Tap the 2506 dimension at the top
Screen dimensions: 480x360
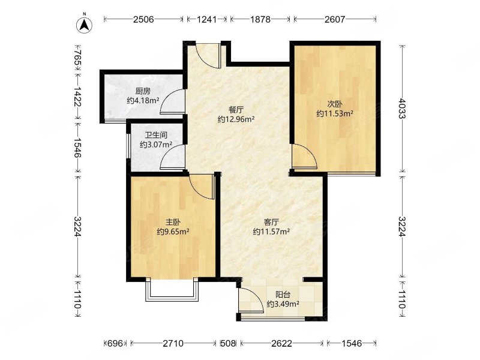(x=143, y=19)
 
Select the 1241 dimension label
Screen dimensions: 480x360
(x=206, y=19)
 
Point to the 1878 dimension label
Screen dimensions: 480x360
(x=260, y=19)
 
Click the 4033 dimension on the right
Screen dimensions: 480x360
(x=402, y=109)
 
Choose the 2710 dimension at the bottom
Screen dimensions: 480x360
(x=173, y=343)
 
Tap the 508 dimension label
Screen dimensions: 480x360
(x=229, y=343)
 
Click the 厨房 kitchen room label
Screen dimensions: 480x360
(x=143, y=91)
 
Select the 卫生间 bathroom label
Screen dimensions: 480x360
(x=156, y=135)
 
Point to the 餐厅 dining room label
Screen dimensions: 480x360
(x=236, y=110)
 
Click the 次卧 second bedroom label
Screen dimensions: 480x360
(x=335, y=104)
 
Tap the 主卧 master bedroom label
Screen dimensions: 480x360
(x=173, y=221)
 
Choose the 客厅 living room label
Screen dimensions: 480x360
(x=271, y=221)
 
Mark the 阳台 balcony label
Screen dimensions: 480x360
(x=283, y=295)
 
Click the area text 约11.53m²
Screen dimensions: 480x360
(x=335, y=113)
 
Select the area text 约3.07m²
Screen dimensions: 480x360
(x=156, y=145)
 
